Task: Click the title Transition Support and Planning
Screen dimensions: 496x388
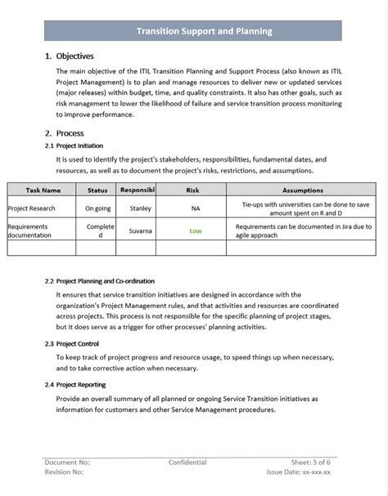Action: tap(204, 31)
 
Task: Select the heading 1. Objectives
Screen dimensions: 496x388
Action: tap(70, 56)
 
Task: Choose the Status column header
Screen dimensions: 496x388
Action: tap(97, 190)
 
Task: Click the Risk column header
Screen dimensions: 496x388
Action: tap(192, 190)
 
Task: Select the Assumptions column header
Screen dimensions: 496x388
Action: tap(302, 190)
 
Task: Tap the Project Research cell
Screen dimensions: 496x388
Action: tap(32, 208)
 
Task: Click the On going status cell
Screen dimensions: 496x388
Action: tap(97, 208)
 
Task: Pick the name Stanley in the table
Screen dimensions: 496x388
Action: tap(141, 208)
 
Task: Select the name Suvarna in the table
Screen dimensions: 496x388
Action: tap(140, 231)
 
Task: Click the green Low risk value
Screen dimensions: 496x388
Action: tap(196, 231)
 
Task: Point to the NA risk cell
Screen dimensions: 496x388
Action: tap(196, 208)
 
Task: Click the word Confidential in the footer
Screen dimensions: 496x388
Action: tap(187, 462)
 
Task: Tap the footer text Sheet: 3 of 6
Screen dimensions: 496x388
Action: tap(312, 462)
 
